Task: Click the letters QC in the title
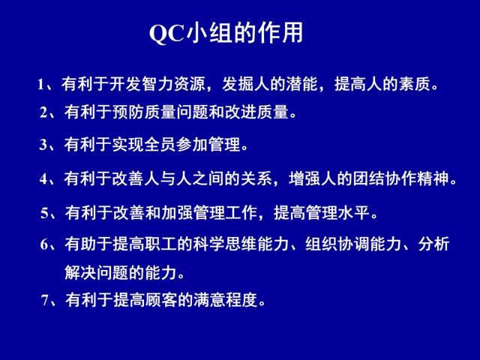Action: (167, 33)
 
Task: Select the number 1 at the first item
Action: (40, 85)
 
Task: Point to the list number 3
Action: (43, 145)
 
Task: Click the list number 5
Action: (44, 213)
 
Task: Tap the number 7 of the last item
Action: (45, 300)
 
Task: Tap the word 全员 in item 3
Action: (160, 145)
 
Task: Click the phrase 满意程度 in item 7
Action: (225, 300)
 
